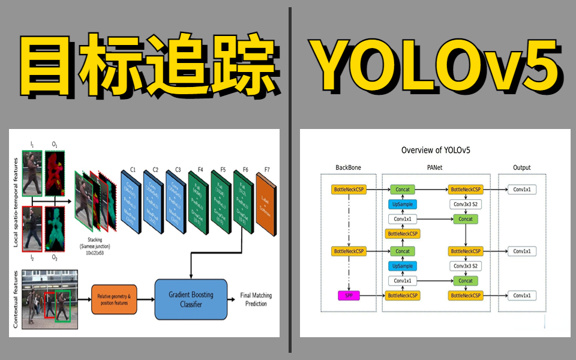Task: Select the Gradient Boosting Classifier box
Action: pos(191,299)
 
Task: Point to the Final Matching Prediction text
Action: pos(254,299)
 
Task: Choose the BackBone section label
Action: pos(349,167)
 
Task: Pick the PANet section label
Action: pos(436,167)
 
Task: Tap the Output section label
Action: pos(521,167)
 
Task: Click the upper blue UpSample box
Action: pos(403,205)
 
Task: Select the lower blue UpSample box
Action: pos(403,266)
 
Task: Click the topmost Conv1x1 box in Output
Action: pos(521,190)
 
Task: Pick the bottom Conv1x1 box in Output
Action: pos(521,295)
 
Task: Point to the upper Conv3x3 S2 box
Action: pos(466,205)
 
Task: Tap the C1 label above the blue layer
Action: pos(133,169)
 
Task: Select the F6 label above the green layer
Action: pos(245,169)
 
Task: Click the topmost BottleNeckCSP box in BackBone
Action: pos(349,190)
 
